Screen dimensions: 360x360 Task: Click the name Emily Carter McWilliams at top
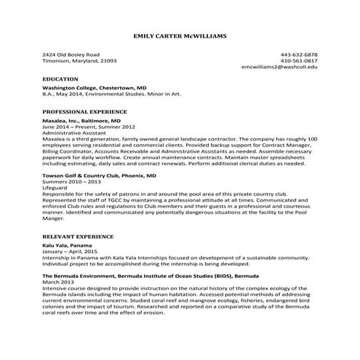point(180,35)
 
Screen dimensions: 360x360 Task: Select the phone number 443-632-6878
point(299,55)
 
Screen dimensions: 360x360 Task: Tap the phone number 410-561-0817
point(299,60)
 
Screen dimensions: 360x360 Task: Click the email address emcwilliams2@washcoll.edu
point(279,66)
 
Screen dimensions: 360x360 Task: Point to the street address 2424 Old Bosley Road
point(71,55)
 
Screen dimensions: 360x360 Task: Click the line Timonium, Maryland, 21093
point(79,60)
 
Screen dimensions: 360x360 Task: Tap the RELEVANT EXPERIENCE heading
point(78,236)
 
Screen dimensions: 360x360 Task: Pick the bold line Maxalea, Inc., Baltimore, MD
point(81,121)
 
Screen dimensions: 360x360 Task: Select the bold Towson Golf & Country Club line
point(99,176)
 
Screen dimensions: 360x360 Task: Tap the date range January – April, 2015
point(75,252)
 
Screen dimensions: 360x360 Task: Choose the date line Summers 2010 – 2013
point(71,181)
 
